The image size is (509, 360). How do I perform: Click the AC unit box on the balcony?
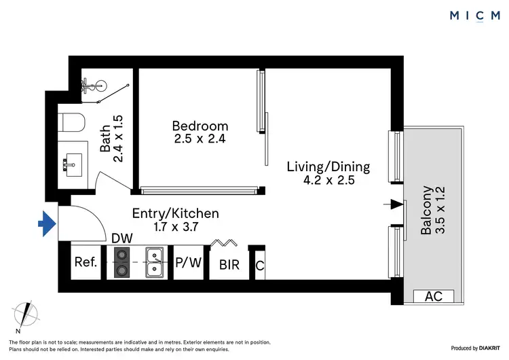(x=434, y=297)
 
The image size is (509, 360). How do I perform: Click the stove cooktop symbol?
(x=123, y=262)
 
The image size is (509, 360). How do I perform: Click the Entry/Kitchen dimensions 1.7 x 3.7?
(x=175, y=228)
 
